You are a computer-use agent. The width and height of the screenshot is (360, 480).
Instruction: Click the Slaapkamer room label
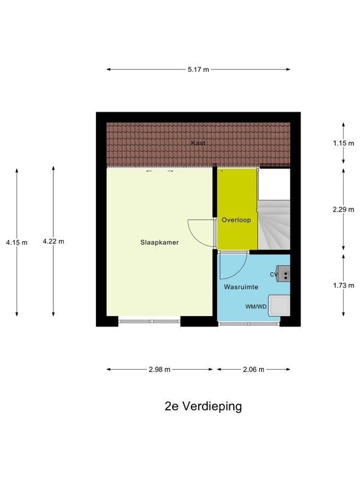pos(159,242)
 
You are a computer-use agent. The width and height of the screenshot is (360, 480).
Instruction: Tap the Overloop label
pos(236,220)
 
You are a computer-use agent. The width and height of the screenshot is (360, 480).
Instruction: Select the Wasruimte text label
pos(241,287)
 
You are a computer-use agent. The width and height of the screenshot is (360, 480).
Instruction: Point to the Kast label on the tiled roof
pos(198,143)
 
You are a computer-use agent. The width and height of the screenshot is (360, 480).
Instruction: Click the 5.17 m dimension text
pos(199,70)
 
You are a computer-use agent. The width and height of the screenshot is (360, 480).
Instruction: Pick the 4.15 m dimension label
pos(17,242)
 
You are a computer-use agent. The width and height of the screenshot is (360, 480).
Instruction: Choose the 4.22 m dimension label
pos(53,241)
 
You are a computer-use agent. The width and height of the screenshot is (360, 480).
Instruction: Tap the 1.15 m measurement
pos(343,143)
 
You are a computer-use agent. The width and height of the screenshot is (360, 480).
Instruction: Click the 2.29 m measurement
pos(343,209)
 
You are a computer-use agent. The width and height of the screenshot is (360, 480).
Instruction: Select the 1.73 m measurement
pos(343,286)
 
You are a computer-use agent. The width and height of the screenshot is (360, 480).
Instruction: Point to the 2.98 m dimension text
pos(160,370)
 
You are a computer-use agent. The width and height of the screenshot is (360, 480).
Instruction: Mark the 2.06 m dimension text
pos(253,370)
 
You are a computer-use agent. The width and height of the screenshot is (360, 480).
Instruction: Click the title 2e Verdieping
pos(203,407)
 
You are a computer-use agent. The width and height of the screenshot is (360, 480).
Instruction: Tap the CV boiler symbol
pos(283,274)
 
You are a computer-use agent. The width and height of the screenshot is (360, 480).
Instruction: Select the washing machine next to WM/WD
pos(279,305)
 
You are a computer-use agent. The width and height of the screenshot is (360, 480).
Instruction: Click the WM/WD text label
pos(256,307)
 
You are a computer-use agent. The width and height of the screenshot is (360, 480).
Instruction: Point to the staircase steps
pos(274,224)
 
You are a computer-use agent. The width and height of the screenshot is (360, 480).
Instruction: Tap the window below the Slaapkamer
pos(149,322)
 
